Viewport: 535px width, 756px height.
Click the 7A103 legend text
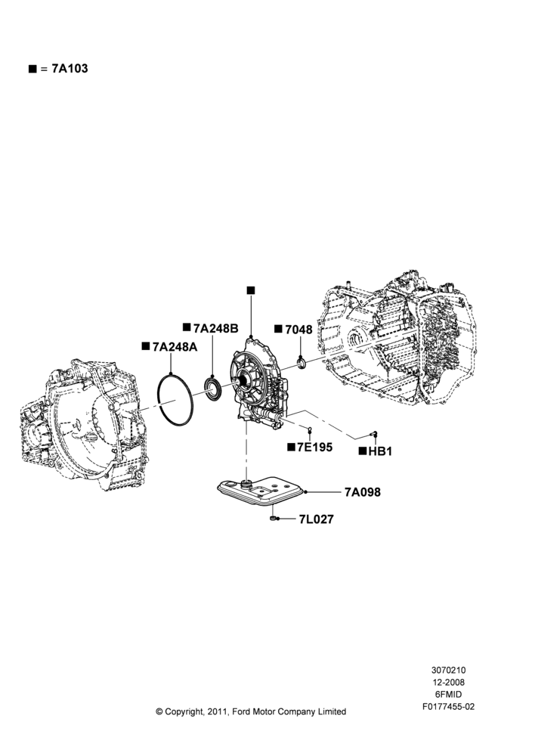point(70,69)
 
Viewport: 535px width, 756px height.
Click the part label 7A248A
point(175,347)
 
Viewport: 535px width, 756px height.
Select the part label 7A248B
point(216,328)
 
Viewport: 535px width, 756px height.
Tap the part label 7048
point(298,330)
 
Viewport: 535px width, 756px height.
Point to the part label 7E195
point(315,447)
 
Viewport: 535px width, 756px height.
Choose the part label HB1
point(380,452)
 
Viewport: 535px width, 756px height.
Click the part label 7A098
point(363,492)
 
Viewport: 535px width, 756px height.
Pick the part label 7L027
point(316,519)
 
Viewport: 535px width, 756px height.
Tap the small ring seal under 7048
point(302,362)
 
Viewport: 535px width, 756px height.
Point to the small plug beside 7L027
point(273,519)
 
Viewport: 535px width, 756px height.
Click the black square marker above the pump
point(251,290)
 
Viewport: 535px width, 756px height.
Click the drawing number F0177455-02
point(449,707)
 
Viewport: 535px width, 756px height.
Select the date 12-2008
point(448,682)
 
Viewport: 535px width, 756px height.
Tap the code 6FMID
point(448,694)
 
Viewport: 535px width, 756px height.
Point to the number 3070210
point(448,670)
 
